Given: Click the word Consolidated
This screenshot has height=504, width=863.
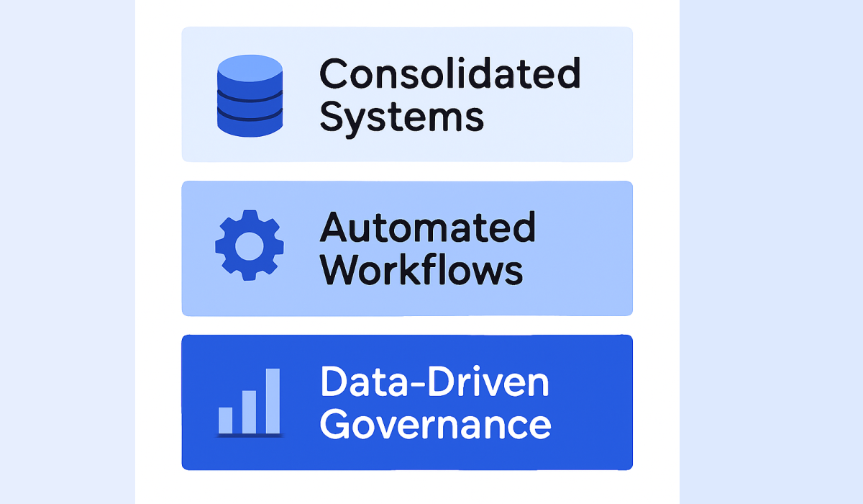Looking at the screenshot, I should click(449, 73).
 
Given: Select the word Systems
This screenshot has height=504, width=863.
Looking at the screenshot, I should click(401, 117).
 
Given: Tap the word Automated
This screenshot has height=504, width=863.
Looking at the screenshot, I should click(427, 228).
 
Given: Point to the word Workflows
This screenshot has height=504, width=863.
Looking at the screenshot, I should click(421, 270).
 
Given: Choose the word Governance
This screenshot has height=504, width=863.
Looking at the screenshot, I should click(435, 424).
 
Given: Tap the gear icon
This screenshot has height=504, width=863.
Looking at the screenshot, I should click(250, 246).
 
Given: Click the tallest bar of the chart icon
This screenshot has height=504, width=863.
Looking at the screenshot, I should click(273, 400).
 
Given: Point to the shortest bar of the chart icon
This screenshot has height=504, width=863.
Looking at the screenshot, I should click(226, 420).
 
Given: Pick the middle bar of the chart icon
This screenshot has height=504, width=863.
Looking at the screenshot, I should click(250, 411).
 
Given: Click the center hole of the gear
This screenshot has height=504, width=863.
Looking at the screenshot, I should click(250, 246).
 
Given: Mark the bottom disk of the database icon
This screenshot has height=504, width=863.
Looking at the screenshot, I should click(250, 123).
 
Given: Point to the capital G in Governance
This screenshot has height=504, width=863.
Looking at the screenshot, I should click(335, 424).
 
